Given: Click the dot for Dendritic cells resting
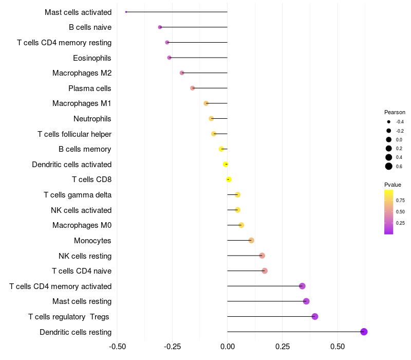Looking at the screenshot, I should tap(364, 332).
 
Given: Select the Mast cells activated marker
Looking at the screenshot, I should tap(126, 12).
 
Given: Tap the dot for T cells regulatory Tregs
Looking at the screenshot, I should tap(315, 316).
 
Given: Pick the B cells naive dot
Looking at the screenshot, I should tap(160, 27).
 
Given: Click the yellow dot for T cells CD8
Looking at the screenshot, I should tap(229, 179).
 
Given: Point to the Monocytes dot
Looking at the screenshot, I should tap(251, 240).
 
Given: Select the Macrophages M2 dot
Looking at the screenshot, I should tap(182, 73).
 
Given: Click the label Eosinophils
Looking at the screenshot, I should tap(92, 58).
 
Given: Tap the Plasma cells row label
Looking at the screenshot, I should tap(90, 88).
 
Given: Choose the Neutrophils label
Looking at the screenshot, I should tap(92, 119).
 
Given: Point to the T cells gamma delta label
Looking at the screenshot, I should tap(78, 195).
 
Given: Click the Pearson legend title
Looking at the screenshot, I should tap(395, 112).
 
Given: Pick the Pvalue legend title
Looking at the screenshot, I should tap(393, 184).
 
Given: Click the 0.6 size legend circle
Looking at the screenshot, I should tap(389, 166).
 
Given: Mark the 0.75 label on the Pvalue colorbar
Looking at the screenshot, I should tap(400, 201).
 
